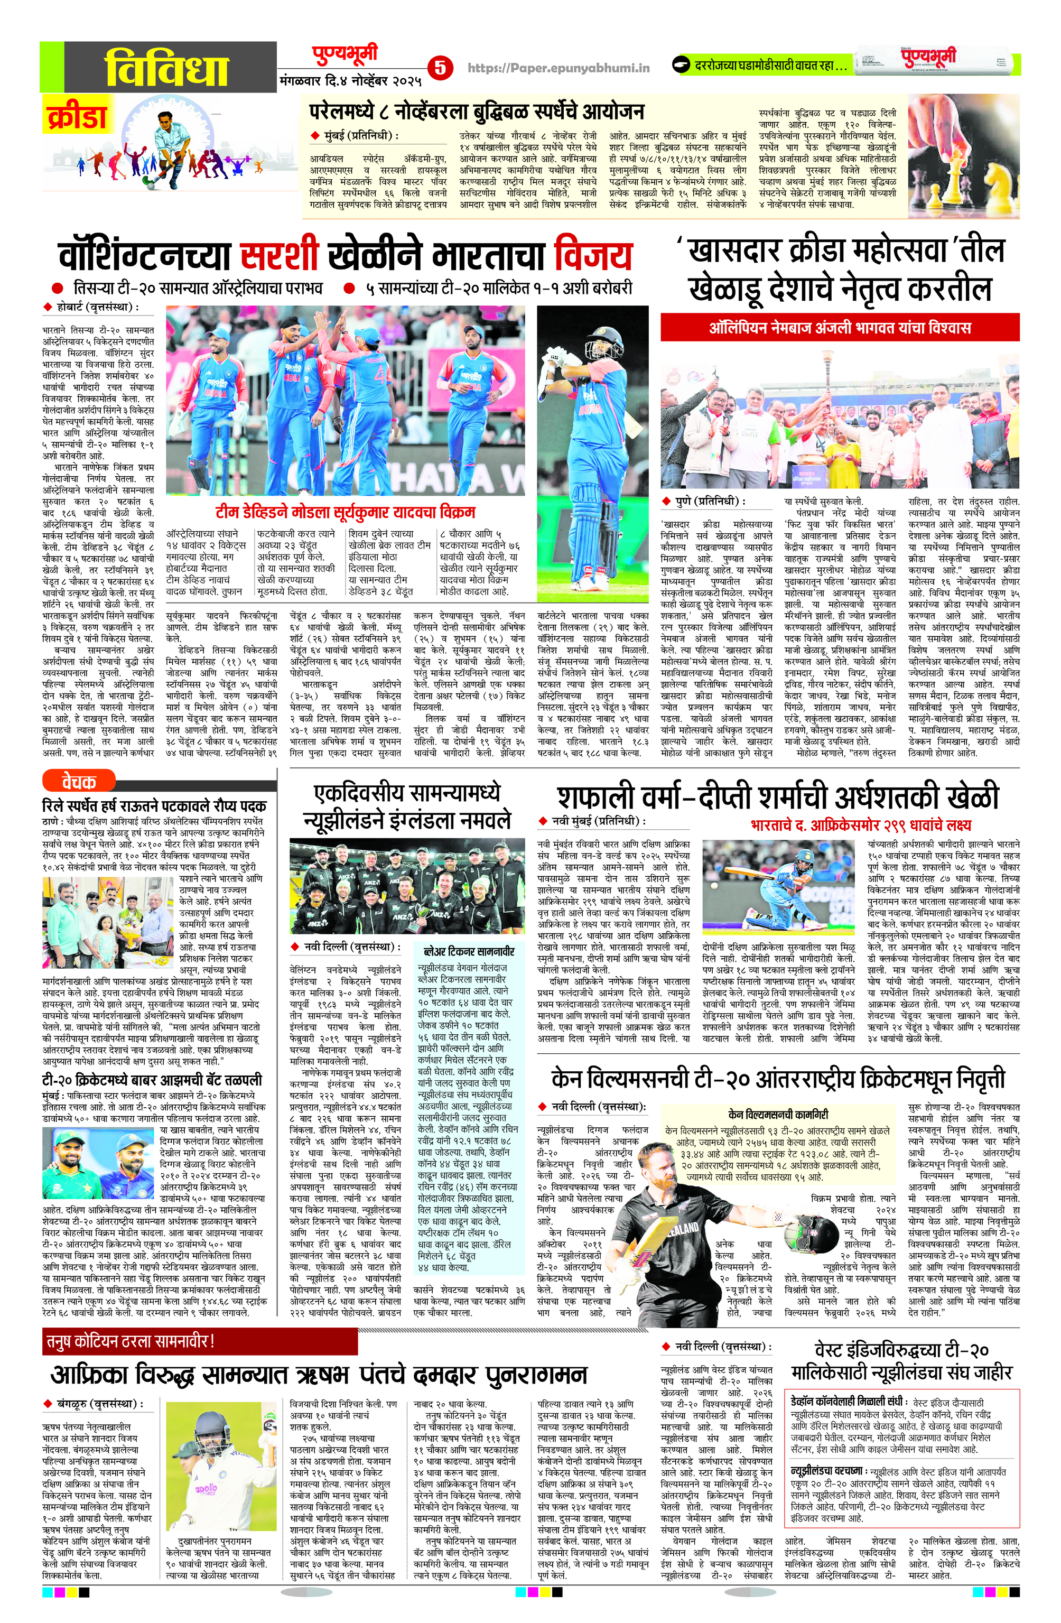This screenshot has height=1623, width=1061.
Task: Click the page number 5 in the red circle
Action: pyautogui.click(x=440, y=68)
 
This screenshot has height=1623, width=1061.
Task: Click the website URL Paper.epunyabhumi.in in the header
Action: pyautogui.click(x=559, y=68)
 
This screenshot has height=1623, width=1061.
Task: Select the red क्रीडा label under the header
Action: pyautogui.click(x=77, y=115)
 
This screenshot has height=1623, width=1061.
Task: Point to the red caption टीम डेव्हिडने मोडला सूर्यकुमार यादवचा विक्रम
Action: pyautogui.click(x=345, y=512)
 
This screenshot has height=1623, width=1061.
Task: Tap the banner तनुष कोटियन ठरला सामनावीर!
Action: pyautogui.click(x=129, y=1341)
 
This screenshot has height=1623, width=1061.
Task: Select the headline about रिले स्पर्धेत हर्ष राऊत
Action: pyautogui.click(x=154, y=806)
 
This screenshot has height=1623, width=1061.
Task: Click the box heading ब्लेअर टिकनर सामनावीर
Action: pyautogui.click(x=469, y=951)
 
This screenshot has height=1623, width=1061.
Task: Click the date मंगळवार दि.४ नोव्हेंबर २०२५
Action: pyautogui.click(x=350, y=80)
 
